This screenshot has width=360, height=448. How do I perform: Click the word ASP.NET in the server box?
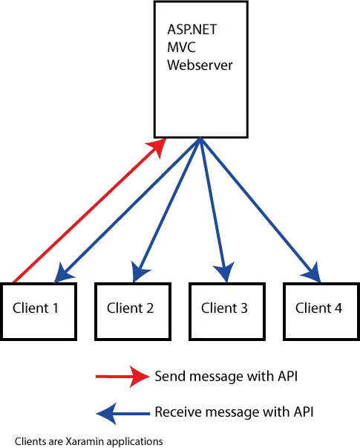(192, 30)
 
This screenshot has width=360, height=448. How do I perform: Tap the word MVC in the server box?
(181, 47)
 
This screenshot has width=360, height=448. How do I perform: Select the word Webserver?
(200, 65)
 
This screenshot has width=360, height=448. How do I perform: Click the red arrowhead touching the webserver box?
(157, 148)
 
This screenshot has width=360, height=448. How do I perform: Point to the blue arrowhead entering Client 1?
(63, 273)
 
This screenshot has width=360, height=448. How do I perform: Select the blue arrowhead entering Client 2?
(140, 272)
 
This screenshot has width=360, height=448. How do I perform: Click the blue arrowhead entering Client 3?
(225, 272)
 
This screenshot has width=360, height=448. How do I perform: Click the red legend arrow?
(122, 377)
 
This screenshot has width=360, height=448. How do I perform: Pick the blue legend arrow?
(123, 413)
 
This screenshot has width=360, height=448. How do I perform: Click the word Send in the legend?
(170, 376)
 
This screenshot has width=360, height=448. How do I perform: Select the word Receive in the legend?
(178, 412)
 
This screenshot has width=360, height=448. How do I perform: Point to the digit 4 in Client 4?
(338, 308)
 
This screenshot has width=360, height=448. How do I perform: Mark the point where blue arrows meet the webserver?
(200, 139)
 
